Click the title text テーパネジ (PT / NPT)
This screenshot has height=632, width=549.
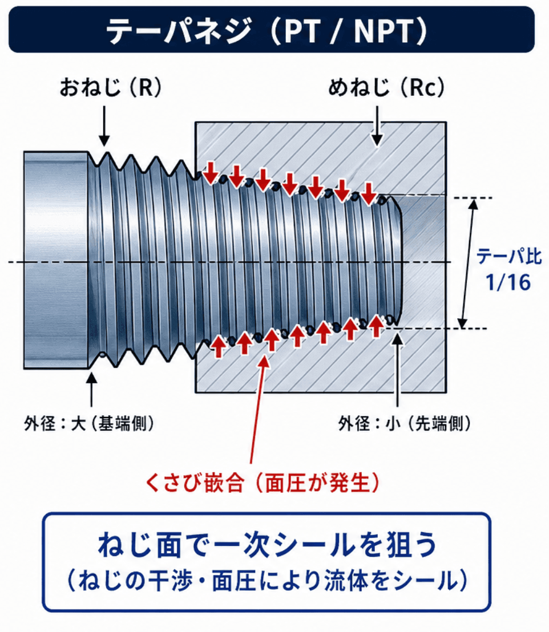coord(267,31)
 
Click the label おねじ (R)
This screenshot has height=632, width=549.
coord(110,87)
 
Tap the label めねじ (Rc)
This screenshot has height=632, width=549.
coord(386,87)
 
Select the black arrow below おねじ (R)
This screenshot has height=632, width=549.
coord(104,126)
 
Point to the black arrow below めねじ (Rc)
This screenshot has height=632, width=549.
coord(377,126)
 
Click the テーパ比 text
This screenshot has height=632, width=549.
coord(508,256)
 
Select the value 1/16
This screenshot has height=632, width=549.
coord(508,282)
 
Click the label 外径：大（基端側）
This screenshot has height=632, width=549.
coord(89,423)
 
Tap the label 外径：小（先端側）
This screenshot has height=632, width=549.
coord(405,423)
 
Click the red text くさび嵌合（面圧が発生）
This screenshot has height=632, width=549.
coord(262,483)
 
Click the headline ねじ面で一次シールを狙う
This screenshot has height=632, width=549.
coord(267,545)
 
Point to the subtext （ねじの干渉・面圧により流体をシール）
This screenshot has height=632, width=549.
coord(267,581)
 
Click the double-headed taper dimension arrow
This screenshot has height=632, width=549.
coord(469,264)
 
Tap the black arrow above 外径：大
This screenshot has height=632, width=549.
coord(91,390)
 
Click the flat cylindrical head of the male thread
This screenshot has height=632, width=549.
coord(56,260)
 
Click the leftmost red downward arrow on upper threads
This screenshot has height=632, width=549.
coord(210,173)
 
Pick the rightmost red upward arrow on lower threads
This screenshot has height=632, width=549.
coord(376,326)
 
